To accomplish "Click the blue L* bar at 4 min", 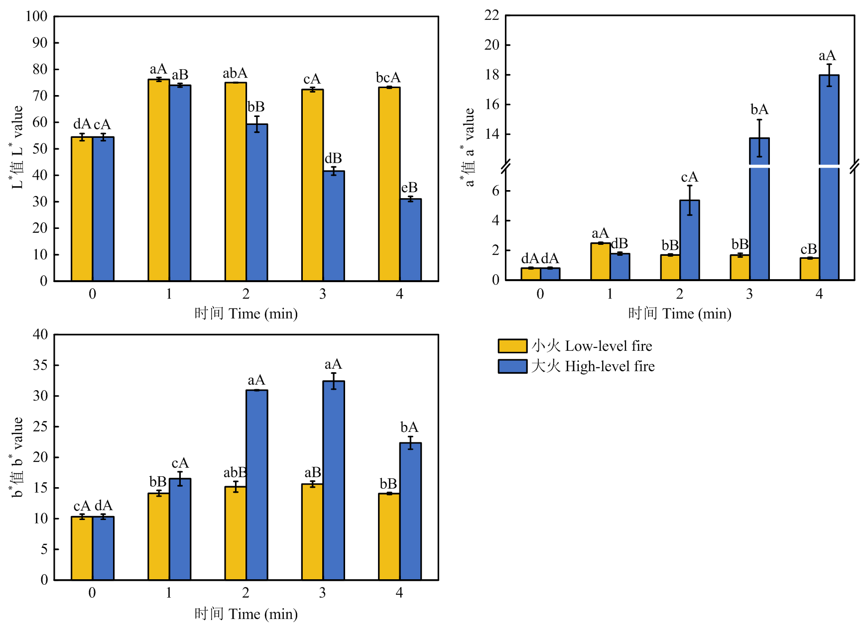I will click(410, 240).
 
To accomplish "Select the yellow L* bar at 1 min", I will click(158, 180).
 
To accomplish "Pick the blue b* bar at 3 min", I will click(334, 480).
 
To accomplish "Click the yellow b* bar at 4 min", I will click(389, 536).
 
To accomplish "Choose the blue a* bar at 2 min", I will click(690, 240).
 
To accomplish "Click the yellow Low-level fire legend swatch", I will click(512, 346).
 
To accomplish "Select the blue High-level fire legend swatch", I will click(512, 366).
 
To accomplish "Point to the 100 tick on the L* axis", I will click(36, 16).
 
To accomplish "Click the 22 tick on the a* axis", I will click(492, 15).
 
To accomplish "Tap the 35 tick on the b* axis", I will click(40, 365).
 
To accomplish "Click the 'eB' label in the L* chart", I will click(409, 188).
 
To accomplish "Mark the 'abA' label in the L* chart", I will click(235, 74).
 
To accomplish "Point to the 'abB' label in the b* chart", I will click(235, 472).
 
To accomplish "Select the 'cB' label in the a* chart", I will click(809, 249).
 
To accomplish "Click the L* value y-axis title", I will click(17, 147).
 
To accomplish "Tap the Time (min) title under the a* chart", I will click(680, 314).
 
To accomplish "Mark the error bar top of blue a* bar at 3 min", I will click(759, 119).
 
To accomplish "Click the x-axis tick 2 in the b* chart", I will click(246, 593).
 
